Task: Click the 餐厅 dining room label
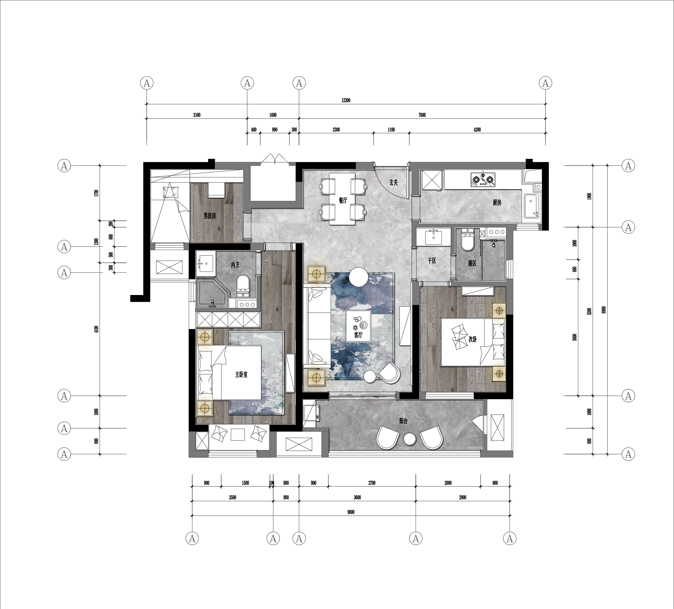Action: (343, 201)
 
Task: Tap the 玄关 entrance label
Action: (394, 183)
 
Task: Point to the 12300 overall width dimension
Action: (346, 100)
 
